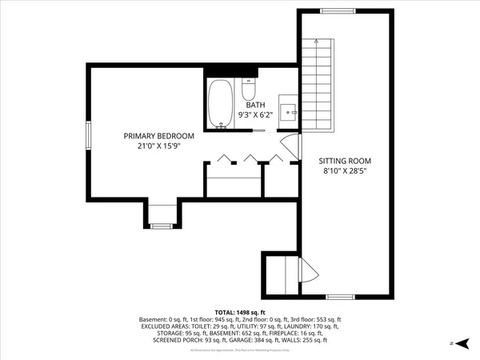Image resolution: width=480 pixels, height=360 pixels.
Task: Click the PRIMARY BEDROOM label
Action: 158,136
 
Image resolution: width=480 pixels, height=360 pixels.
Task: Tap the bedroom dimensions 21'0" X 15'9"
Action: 158,146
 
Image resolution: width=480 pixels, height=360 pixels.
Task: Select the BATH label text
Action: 255,105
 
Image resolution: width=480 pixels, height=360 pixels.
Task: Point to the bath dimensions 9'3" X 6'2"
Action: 255,114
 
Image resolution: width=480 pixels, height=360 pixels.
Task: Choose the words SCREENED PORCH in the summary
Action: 175,340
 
